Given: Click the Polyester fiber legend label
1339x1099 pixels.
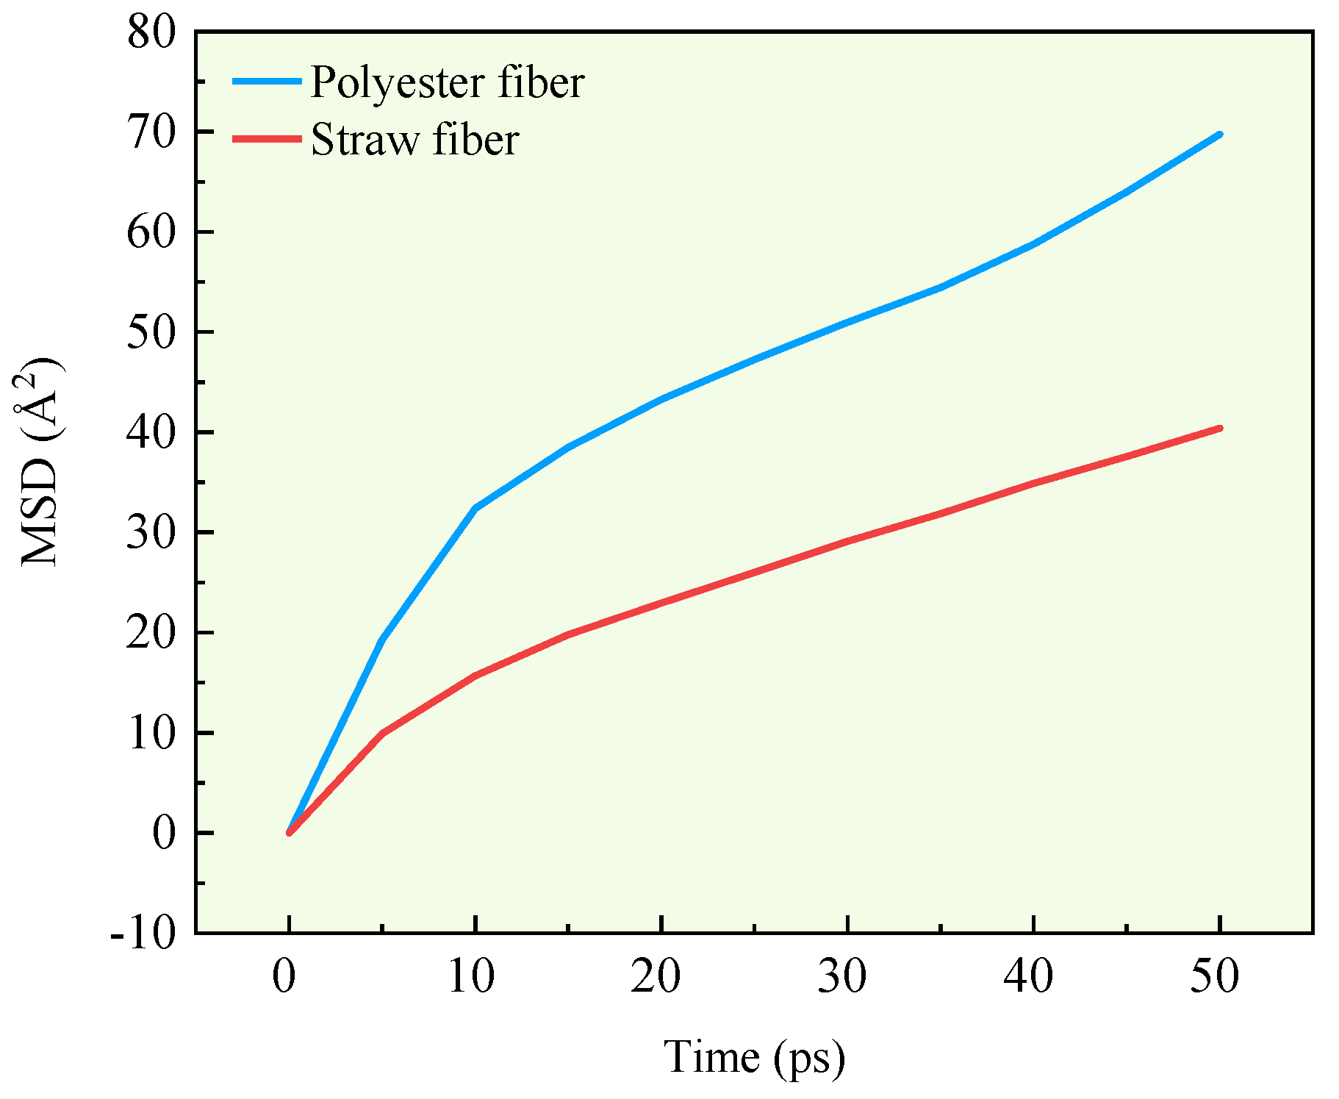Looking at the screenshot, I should tap(447, 82).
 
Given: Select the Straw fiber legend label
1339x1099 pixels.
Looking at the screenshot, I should tap(414, 139).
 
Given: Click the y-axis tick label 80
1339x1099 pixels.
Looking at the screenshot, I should tap(152, 33).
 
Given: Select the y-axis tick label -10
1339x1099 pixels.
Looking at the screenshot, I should tap(144, 934).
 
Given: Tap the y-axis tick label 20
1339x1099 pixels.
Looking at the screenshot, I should tap(152, 634).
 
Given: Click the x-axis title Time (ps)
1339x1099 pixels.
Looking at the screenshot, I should tap(754, 1058).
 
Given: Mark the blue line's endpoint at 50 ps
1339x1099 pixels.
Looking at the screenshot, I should tap(1220, 135).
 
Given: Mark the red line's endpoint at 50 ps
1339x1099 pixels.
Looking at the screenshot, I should tap(1220, 428).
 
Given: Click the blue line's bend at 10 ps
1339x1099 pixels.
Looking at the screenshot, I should tap(475, 508).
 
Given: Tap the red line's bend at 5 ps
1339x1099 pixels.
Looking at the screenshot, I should tap(382, 733).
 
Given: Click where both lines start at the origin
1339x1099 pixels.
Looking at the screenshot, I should tap(290, 832).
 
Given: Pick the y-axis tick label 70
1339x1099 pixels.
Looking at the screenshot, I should tap(152, 133).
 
